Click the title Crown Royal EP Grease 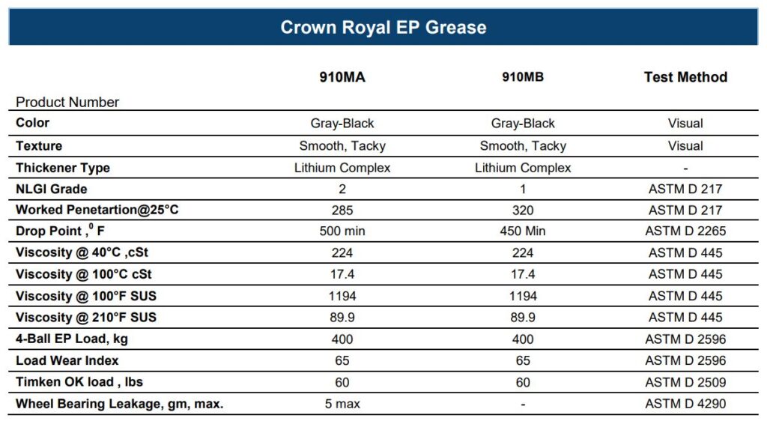click(x=383, y=28)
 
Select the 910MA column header click(x=342, y=77)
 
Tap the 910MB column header click(x=522, y=77)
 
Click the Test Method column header click(x=685, y=77)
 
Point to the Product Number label click(x=67, y=103)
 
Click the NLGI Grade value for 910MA click(x=342, y=190)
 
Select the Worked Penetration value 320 click(x=522, y=211)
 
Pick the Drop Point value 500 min click(x=342, y=231)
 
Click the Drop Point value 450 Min click(x=522, y=231)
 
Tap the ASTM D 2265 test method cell click(x=685, y=231)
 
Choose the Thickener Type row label click(x=63, y=168)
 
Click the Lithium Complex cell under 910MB click(x=522, y=168)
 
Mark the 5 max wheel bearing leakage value click(x=342, y=404)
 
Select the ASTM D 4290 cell click(x=685, y=404)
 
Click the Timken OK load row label click(x=79, y=382)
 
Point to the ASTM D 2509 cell click(x=685, y=382)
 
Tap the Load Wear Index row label click(x=67, y=360)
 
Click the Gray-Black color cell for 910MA click(x=342, y=124)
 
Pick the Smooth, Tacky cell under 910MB click(x=522, y=146)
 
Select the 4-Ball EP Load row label click(x=72, y=339)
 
